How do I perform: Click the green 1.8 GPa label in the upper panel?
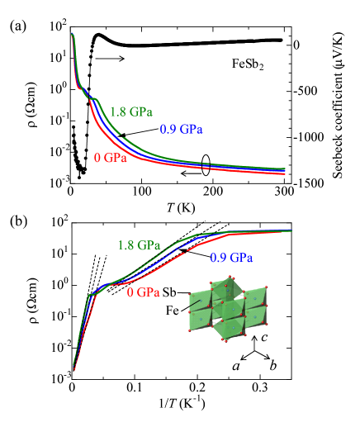click(x=130, y=112)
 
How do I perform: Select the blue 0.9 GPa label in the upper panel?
click(x=182, y=130)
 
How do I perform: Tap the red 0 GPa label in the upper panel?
click(x=111, y=158)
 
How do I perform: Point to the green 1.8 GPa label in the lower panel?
click(x=138, y=245)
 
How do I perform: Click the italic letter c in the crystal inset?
click(x=263, y=339)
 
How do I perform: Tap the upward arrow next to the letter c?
click(x=254, y=342)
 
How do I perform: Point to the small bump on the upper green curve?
click(x=97, y=100)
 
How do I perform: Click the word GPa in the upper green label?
click(x=141, y=112)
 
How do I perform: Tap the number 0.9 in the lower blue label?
click(x=219, y=258)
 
